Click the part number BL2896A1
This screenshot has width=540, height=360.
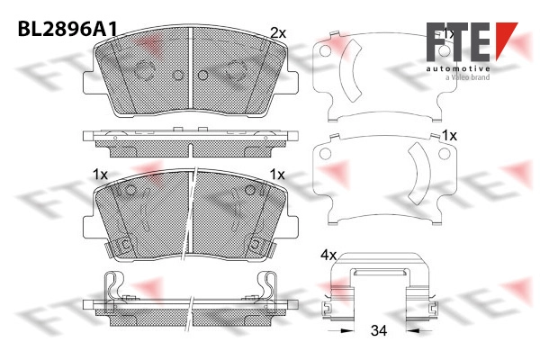point(67,29)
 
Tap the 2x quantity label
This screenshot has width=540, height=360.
point(278,33)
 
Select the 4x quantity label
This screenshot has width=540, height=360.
point(328,256)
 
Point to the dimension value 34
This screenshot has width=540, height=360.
point(379,330)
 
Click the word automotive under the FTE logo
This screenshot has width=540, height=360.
point(458,69)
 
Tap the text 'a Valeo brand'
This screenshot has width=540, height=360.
point(467,77)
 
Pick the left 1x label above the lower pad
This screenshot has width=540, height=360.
point(100,175)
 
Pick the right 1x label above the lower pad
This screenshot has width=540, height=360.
point(277,175)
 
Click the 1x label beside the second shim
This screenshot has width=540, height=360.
point(449,136)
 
